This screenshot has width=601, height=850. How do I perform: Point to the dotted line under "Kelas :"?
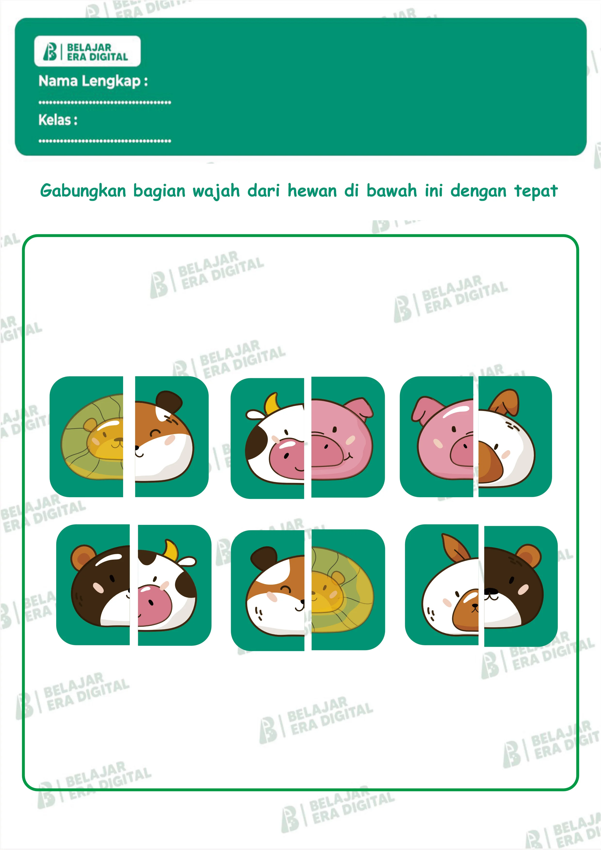coord(105,141)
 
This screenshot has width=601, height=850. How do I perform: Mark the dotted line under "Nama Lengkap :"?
coord(105,102)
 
